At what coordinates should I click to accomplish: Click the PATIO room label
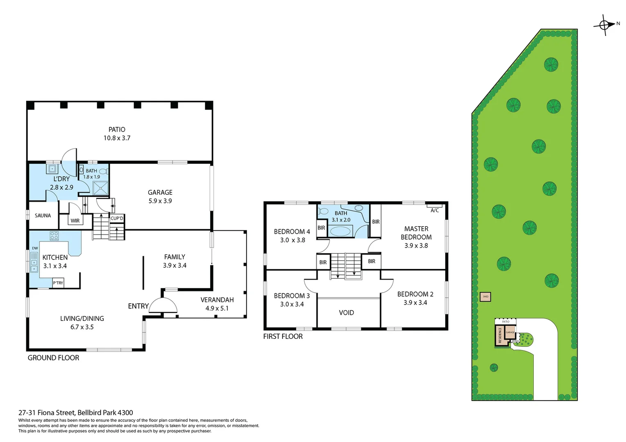pyautogui.click(x=117, y=129)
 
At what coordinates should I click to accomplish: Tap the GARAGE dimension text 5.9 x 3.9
pyautogui.click(x=160, y=201)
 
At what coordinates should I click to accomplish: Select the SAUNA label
pyautogui.click(x=43, y=216)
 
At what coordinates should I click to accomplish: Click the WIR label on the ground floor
pyautogui.click(x=75, y=221)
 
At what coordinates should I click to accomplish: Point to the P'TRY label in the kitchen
pyautogui.click(x=58, y=283)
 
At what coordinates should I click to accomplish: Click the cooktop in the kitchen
pyautogui.click(x=54, y=236)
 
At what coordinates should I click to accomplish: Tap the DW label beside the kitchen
pyautogui.click(x=35, y=248)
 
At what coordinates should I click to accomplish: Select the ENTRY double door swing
pyautogui.click(x=163, y=306)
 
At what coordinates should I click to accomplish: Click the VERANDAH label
pyautogui.click(x=217, y=300)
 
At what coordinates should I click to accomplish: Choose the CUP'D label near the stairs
pyautogui.click(x=117, y=219)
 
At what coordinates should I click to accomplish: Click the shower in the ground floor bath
pyautogui.click(x=100, y=188)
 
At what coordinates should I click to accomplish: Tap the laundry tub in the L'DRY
pyautogui.click(x=52, y=169)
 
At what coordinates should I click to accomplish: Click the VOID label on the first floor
pyautogui.click(x=346, y=313)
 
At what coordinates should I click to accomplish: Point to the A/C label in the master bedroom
pyautogui.click(x=435, y=210)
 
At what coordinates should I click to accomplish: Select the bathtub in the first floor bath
pyautogui.click(x=340, y=231)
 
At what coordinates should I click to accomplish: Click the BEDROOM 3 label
pyautogui.click(x=292, y=295)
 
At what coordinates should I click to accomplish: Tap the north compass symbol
pyautogui.click(x=605, y=25)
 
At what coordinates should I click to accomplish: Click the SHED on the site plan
pyautogui.click(x=485, y=297)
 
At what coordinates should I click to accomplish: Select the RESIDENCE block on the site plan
pyautogui.click(x=500, y=336)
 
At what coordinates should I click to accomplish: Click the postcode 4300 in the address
pyautogui.click(x=125, y=413)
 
